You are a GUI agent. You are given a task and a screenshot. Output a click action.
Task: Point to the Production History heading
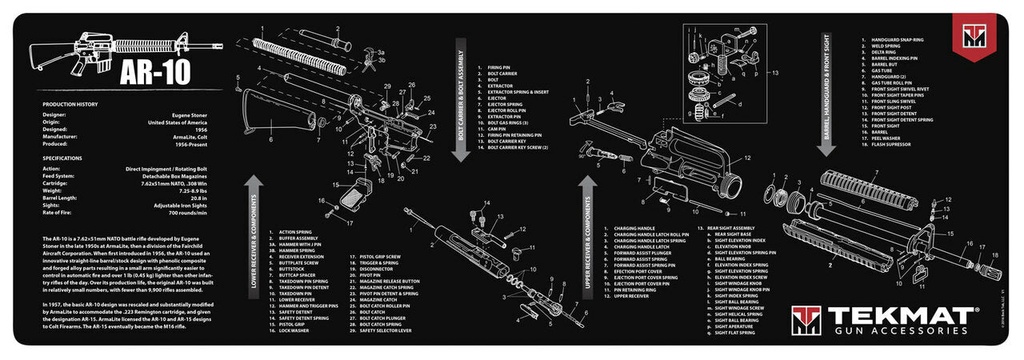(x=66, y=104)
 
